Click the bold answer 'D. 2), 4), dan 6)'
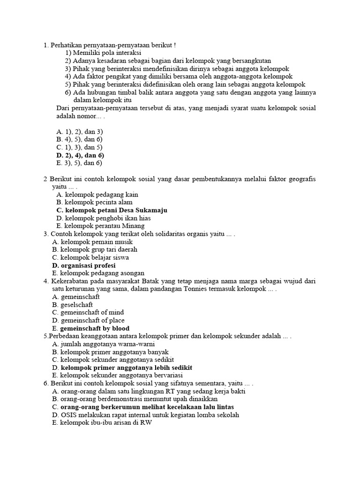[80, 155]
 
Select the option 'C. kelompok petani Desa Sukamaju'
[112, 210]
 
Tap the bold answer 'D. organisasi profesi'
[84, 265]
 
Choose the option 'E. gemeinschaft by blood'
[91, 328]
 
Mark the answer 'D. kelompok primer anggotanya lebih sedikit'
[122, 367]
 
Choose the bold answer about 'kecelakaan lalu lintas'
[143, 407]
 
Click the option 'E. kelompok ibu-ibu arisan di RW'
[102, 422]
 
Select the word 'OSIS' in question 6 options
[69, 415]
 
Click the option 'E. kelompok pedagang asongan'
[98, 273]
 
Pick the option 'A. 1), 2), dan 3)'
[79, 132]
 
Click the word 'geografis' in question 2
[301, 179]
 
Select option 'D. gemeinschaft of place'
[89, 320]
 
